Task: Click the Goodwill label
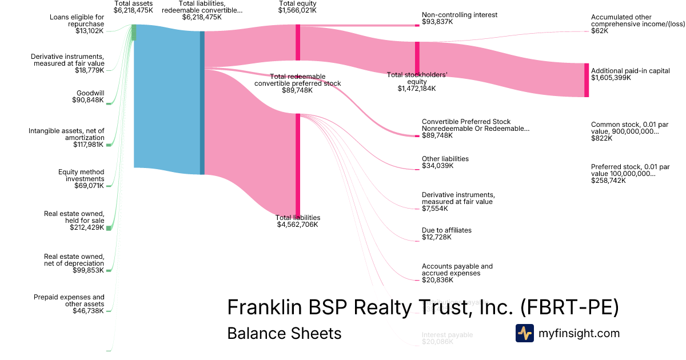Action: (90, 93)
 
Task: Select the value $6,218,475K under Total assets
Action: (133, 10)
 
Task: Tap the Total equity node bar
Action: (298, 42)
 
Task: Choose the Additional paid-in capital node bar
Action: (587, 80)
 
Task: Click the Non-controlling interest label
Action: (459, 15)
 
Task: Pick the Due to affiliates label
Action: (446, 230)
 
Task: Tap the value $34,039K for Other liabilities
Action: (437, 166)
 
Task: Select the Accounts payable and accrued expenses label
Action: (457, 270)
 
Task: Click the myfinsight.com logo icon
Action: (524, 333)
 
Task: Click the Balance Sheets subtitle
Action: (284, 333)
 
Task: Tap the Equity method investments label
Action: (81, 175)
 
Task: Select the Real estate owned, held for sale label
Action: (74, 217)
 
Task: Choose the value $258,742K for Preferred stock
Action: (608, 181)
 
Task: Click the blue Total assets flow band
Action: (166, 97)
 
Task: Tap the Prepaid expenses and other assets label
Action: (69, 301)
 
